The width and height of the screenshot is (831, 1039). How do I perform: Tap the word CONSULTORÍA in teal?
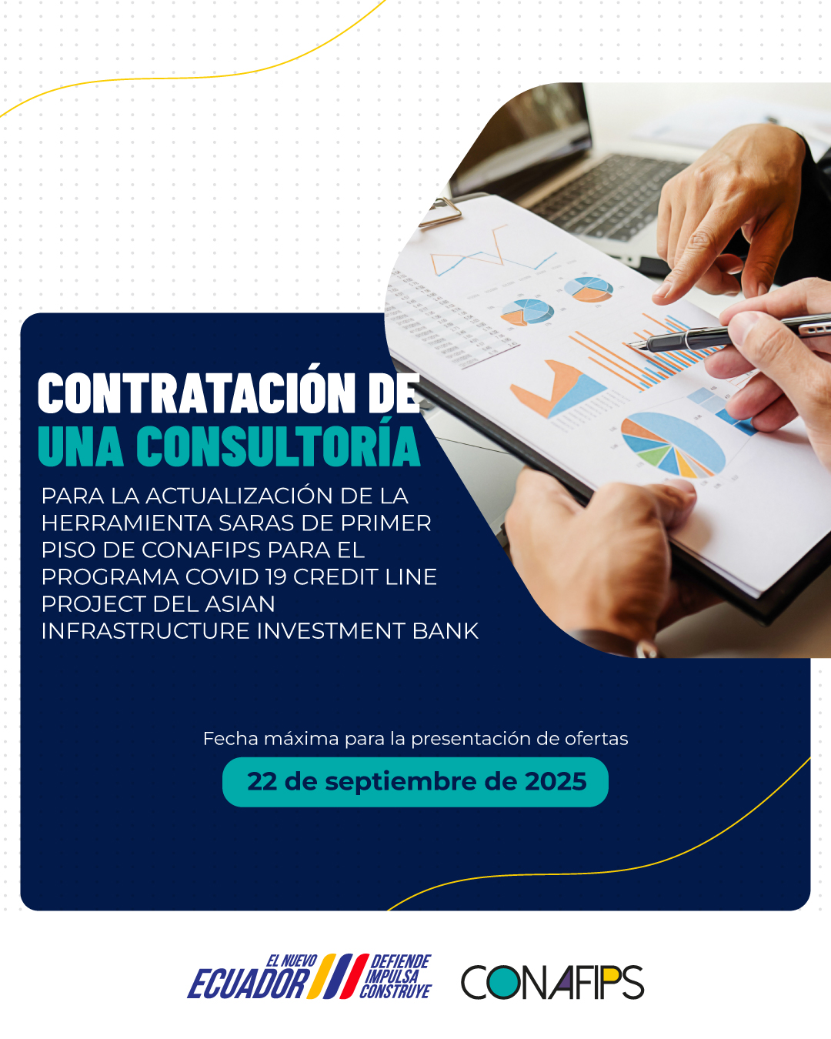click(x=278, y=446)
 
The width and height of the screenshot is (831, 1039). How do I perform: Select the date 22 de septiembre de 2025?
click(x=417, y=782)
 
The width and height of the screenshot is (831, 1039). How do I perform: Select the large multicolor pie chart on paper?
click(x=673, y=444)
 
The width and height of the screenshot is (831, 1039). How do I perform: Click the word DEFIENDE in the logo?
click(x=400, y=961)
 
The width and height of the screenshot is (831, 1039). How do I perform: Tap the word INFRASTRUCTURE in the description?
click(x=145, y=631)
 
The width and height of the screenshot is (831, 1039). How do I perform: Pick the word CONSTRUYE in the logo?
click(x=395, y=992)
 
